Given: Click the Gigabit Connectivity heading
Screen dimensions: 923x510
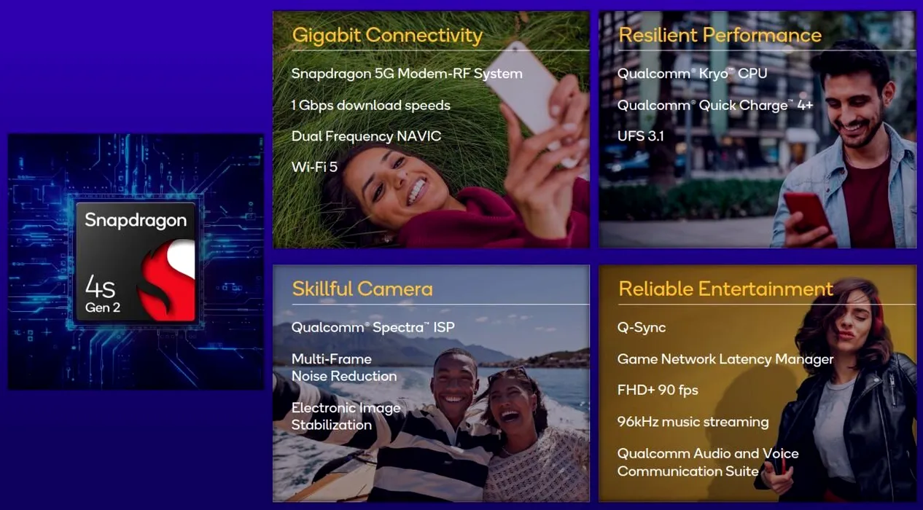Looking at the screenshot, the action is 387,35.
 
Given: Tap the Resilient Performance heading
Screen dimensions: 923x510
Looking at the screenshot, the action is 720,35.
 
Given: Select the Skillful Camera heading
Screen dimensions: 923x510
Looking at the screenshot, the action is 362,289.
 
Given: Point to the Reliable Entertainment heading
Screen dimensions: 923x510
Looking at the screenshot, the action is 725,289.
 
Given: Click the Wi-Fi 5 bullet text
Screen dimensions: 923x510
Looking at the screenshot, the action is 314,167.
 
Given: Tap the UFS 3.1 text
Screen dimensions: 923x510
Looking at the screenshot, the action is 640,136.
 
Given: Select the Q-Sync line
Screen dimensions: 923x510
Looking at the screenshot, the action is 642,328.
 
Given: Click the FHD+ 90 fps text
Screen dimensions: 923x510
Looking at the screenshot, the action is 658,391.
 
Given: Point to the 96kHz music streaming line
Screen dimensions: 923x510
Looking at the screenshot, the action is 693,422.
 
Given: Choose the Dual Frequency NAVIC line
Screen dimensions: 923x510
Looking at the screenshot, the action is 366,136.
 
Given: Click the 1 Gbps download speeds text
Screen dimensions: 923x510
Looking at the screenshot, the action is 371,105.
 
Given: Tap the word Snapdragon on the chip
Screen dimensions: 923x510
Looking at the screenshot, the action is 136,221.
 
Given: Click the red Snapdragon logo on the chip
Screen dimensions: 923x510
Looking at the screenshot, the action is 167,280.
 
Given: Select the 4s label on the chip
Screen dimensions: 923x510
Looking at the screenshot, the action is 100,286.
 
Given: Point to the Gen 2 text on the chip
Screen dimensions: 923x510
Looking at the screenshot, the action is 103,307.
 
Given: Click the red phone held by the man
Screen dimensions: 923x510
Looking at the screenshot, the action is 807,213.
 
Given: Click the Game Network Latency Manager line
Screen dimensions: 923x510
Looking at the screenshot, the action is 725,359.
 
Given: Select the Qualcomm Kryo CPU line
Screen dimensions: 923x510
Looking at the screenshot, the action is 693,74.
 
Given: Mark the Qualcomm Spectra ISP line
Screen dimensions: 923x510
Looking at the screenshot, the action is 373,328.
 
